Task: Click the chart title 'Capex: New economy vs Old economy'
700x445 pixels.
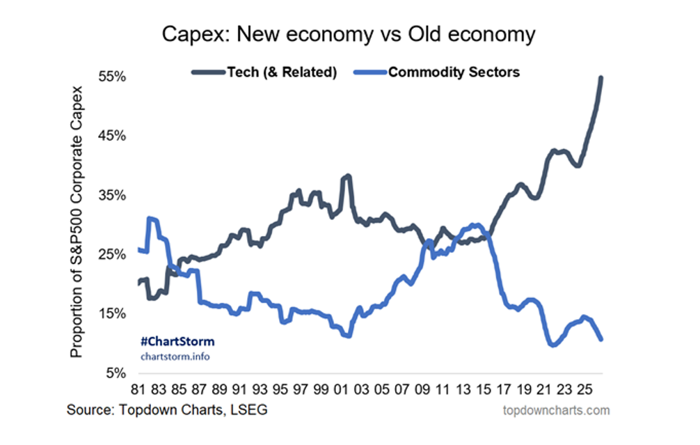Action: pos(348,34)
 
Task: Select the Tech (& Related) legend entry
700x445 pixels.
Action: pos(264,72)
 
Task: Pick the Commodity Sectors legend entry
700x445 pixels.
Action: pos(436,72)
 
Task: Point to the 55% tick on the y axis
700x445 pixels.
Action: pos(112,77)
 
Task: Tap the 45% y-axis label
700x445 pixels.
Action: pos(112,136)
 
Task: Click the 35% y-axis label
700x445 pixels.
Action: pos(112,195)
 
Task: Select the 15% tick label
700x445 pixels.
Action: pos(112,313)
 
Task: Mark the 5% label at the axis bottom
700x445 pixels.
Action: pos(116,373)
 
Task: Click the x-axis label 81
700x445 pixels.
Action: pos(138,389)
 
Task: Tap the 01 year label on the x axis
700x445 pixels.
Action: pos(341,389)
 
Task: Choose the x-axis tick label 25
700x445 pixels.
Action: pos(584,389)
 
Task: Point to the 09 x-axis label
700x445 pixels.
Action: pos(422,389)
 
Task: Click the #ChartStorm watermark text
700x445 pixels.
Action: pos(177,342)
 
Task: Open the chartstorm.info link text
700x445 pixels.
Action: pos(175,357)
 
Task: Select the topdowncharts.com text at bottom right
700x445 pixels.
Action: pos(556,410)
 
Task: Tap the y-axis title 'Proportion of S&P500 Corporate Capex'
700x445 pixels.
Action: pos(77,222)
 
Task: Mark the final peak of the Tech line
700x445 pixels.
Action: pos(601,78)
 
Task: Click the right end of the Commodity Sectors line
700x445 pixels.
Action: pos(601,339)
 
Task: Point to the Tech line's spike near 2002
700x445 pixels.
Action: pos(348,176)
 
